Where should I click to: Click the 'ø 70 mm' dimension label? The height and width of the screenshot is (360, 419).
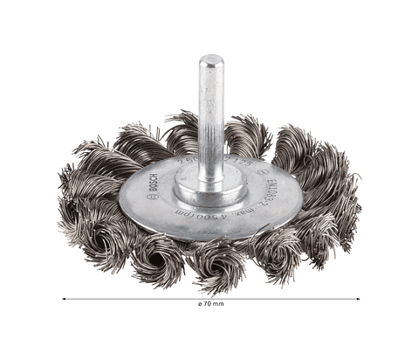click(210, 305)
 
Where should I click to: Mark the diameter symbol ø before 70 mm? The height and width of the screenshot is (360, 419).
click(199, 305)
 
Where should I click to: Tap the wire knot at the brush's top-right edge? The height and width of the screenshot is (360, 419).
click(302, 144)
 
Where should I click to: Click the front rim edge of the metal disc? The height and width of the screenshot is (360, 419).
click(209, 237)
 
